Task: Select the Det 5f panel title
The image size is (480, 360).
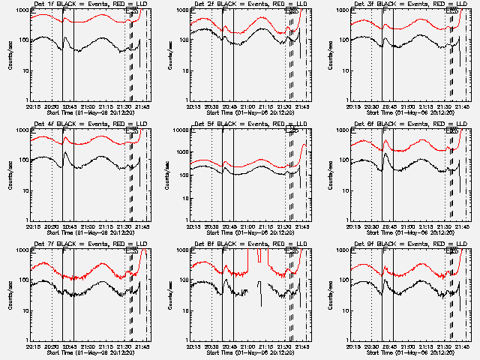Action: click(244, 124)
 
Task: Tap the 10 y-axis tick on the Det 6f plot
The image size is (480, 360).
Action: click(346, 190)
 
